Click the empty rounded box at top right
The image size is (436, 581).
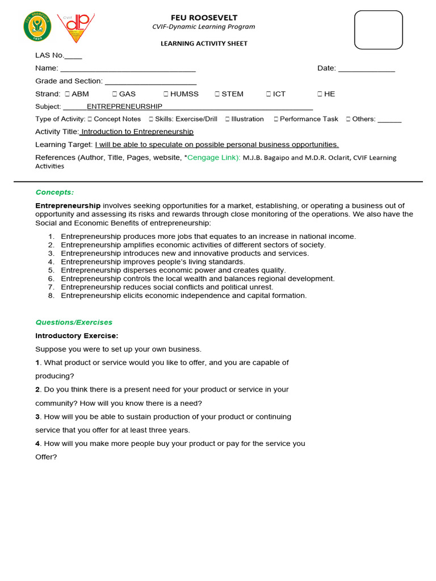click(378, 30)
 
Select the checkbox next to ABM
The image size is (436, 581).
click(67, 94)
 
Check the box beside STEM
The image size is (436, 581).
click(217, 94)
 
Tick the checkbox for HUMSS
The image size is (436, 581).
click(166, 94)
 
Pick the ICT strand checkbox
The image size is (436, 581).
click(269, 94)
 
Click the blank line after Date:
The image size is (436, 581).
click(366, 69)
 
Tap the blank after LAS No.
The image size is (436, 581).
click(73, 56)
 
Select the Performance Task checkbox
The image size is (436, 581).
click(276, 119)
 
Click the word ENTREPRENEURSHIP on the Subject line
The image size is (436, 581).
click(124, 107)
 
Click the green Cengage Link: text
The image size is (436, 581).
click(213, 158)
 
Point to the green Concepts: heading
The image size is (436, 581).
click(54, 192)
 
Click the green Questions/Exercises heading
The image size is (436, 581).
click(74, 322)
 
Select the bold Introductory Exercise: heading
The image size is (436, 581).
click(77, 336)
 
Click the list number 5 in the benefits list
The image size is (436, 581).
click(51, 271)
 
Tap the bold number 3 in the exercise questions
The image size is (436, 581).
click(37, 417)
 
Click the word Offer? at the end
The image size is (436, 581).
click(46, 457)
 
